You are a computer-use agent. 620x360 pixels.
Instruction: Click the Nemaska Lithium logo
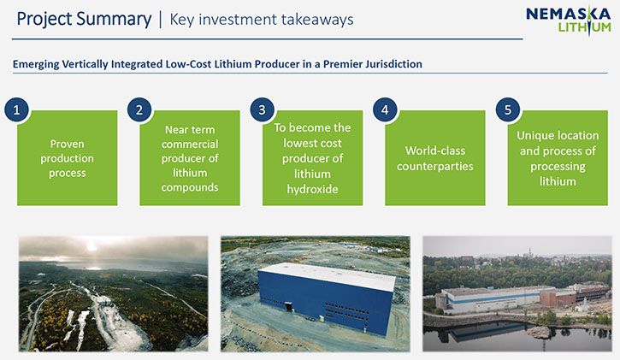568,21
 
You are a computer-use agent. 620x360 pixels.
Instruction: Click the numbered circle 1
16,109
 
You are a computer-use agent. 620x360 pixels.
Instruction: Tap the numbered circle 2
139,109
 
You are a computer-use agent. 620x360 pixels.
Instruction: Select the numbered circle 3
263,109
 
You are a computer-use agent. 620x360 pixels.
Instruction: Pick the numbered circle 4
385,109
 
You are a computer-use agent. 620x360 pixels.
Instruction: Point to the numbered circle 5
508,109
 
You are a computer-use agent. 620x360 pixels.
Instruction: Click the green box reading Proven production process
68,158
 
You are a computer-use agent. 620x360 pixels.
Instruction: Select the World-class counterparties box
435,158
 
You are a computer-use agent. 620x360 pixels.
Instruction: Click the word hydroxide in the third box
312,189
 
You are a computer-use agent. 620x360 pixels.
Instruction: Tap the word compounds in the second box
190,187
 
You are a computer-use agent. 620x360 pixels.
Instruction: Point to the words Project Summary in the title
84,20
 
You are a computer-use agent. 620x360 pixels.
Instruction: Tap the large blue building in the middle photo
326,298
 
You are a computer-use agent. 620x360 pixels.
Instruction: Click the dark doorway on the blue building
289,307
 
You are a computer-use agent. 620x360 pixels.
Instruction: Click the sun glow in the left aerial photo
92,245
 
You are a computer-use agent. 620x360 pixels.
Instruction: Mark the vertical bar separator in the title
161,20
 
